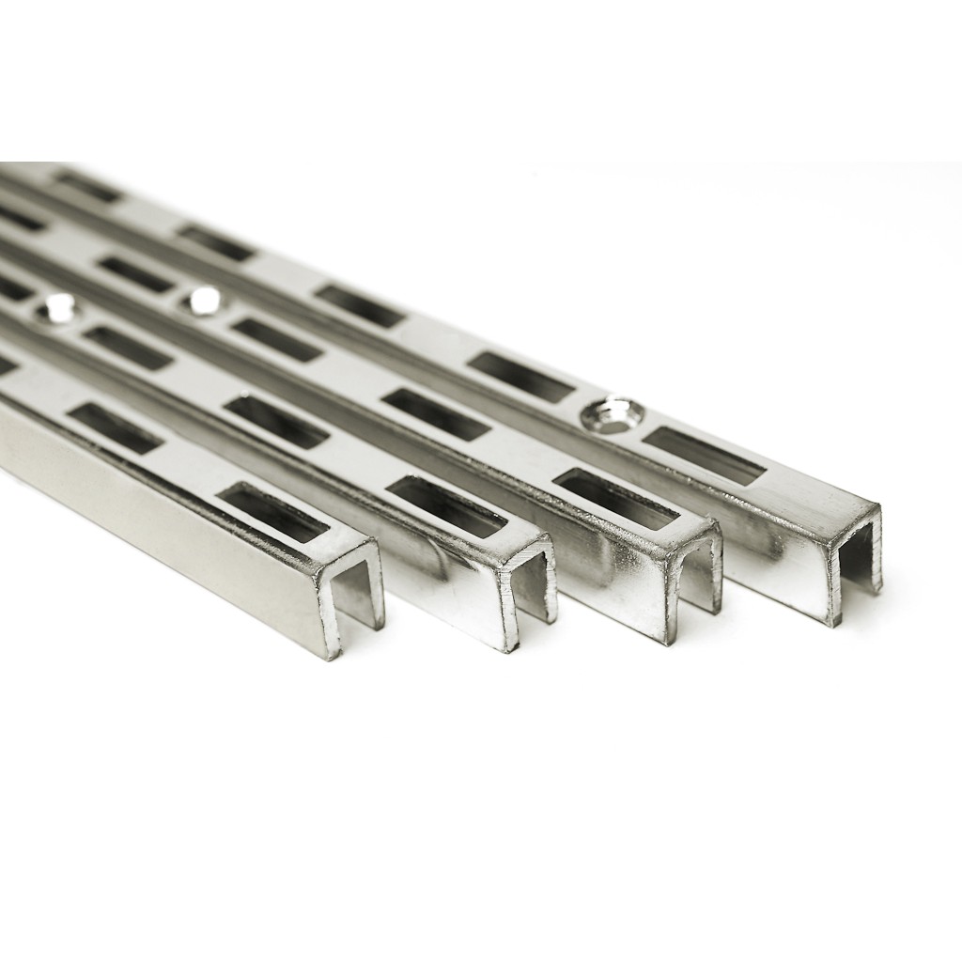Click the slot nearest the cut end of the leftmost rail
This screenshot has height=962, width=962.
[x=273, y=513]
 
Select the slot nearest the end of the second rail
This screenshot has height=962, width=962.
[x=447, y=506]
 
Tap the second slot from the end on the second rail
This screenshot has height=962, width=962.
[x=276, y=422]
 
